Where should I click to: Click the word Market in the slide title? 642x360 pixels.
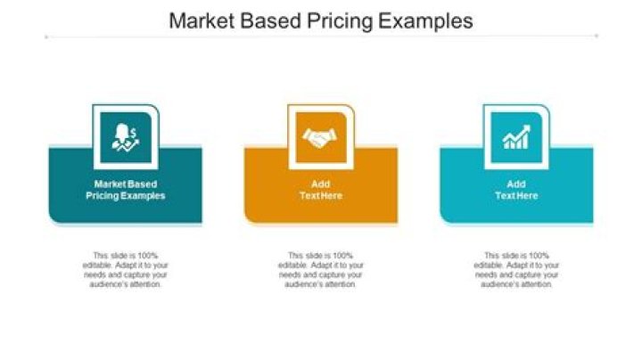tap(202, 20)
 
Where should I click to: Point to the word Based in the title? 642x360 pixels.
tap(267, 20)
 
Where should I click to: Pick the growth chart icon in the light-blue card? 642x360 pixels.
tap(516, 137)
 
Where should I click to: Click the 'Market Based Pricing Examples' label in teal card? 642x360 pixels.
tap(125, 190)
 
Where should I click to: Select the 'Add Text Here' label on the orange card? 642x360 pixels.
tap(321, 190)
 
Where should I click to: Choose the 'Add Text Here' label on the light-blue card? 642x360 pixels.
tap(516, 190)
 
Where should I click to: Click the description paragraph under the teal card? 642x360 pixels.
tap(125, 269)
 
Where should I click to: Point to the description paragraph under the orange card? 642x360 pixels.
tap(321, 269)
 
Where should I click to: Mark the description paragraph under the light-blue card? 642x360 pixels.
tap(516, 269)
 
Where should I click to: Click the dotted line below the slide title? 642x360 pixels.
tap(321, 37)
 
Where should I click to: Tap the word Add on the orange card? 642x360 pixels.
tap(321, 184)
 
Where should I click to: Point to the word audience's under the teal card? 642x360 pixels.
tap(107, 284)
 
